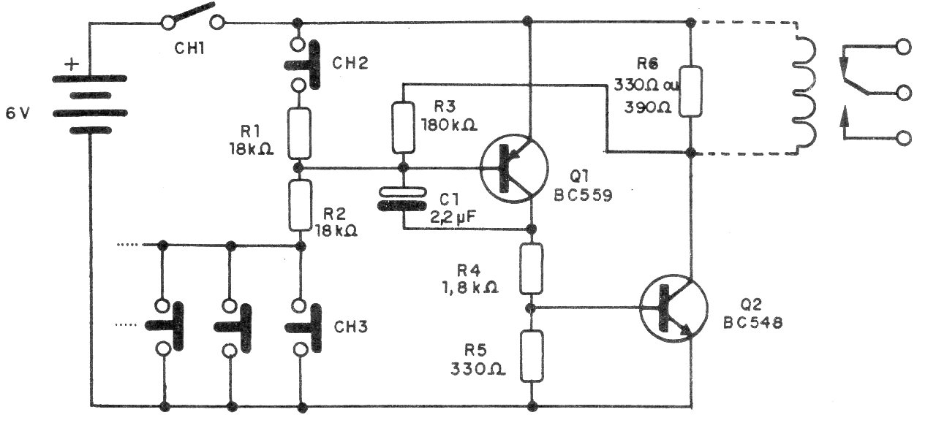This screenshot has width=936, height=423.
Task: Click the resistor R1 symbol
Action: (298, 132)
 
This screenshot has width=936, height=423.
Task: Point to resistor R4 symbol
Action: (532, 268)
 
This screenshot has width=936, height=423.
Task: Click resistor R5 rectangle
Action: (532, 356)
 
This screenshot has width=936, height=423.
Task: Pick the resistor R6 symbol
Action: (691, 91)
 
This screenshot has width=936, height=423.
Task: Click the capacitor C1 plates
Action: (401, 198)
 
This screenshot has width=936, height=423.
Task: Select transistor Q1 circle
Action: (514, 167)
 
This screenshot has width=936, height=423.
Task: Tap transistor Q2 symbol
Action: (673, 308)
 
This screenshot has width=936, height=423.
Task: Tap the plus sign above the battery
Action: (72, 64)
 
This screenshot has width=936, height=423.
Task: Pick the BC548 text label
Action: (753, 321)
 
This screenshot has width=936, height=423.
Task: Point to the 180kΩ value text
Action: (448, 124)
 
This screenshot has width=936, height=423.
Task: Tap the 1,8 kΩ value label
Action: (470, 287)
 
